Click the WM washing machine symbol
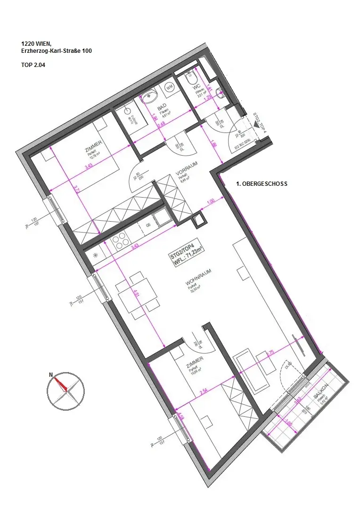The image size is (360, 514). (170, 87)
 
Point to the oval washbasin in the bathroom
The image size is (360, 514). (150, 96)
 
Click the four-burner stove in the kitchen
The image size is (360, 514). (121, 241)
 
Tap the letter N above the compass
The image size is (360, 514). (51, 375)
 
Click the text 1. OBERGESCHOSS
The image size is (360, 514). (262, 183)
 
